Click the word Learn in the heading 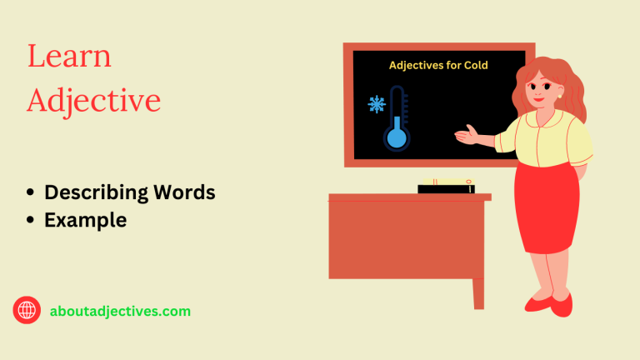[69, 57]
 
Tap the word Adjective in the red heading [93, 100]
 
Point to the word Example [85, 220]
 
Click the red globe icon [27, 311]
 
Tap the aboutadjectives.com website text [119, 311]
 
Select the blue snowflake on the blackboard [377, 105]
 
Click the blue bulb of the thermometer [397, 137]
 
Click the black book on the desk [445, 188]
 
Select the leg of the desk [478, 292]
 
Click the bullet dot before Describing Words [31, 192]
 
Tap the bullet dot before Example [31, 220]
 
